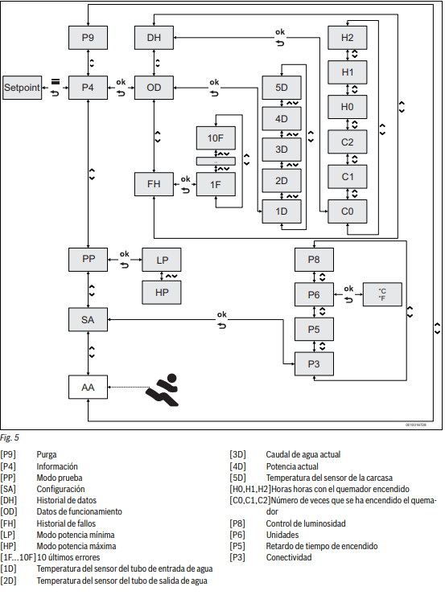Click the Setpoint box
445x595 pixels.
click(x=22, y=88)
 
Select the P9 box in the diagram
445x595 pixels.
click(x=88, y=38)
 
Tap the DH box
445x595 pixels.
click(x=154, y=38)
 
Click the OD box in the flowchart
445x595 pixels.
click(x=154, y=88)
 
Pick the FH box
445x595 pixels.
click(x=154, y=184)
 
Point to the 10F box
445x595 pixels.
click(x=216, y=138)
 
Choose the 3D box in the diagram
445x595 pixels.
click(x=282, y=150)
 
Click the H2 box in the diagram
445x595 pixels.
click(x=348, y=38)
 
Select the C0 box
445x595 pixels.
click(x=348, y=211)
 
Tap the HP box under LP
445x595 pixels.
click(x=162, y=293)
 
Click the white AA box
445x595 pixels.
click(x=88, y=387)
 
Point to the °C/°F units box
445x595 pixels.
click(x=382, y=294)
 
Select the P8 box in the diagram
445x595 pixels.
click(x=314, y=260)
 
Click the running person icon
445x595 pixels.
click(x=163, y=390)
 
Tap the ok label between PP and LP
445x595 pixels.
click(x=125, y=254)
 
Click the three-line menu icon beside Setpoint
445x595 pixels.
click(x=56, y=81)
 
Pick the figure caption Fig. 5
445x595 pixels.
click(x=10, y=437)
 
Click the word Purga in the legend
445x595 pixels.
click(x=47, y=454)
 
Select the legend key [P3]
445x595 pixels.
click(x=237, y=557)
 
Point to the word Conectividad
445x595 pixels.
click(x=289, y=557)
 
